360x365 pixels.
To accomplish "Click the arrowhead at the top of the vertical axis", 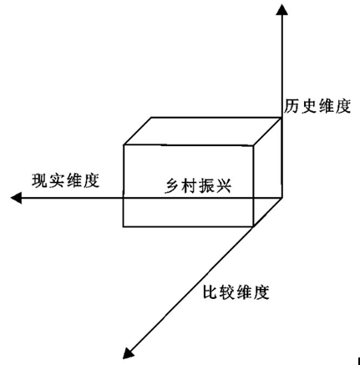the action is (x=281, y=9).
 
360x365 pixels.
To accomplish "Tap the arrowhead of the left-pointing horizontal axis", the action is (x=16, y=198).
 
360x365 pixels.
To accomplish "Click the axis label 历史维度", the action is (x=317, y=106).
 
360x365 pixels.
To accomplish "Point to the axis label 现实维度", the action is (x=65, y=181).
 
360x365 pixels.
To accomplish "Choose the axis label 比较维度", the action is (x=236, y=292).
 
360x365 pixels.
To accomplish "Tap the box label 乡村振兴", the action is (x=198, y=185).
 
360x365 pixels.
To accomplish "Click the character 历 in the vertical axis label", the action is (x=292, y=106).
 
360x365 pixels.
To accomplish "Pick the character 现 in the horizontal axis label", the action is (x=40, y=181).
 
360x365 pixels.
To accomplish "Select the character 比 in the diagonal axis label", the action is (x=210, y=292).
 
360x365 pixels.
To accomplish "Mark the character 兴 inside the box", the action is (x=223, y=185).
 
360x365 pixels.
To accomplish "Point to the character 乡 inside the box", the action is (x=172, y=185).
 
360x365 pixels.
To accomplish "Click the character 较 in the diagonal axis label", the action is (x=227, y=292).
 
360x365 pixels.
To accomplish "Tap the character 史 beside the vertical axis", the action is (x=308, y=106).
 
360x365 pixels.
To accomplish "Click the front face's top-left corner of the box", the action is (x=124, y=145).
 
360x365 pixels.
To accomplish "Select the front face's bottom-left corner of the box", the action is (x=124, y=226).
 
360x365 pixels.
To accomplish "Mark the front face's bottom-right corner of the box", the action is (x=253, y=226).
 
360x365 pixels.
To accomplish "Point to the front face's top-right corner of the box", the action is (x=253, y=145).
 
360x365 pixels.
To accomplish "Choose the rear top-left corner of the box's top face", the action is (x=151, y=118).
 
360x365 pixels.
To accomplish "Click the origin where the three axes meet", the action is (x=281, y=198).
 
